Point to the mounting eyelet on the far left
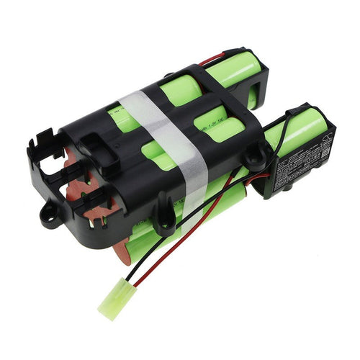[x=50, y=216]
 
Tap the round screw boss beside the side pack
[x=256, y=154]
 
